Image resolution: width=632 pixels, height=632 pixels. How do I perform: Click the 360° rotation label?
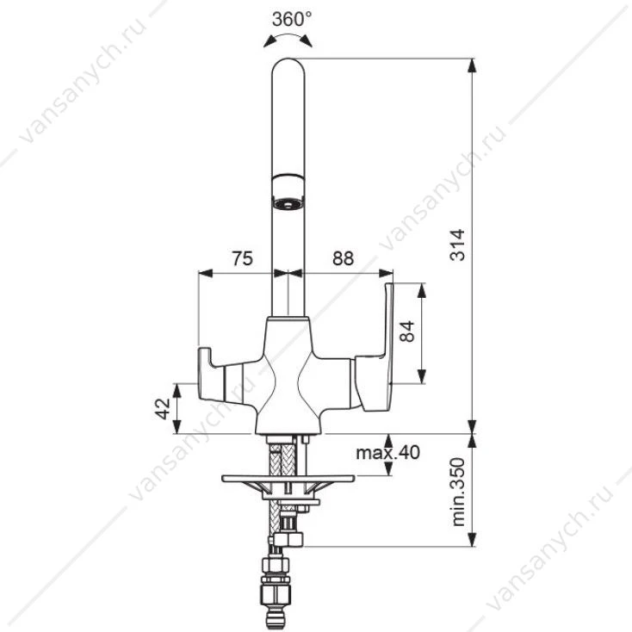click(x=291, y=19)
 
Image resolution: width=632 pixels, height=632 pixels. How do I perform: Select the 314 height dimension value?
click(x=457, y=245)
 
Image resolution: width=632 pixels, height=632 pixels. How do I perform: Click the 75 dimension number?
click(x=242, y=258)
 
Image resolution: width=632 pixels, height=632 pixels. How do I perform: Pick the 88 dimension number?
click(x=343, y=258)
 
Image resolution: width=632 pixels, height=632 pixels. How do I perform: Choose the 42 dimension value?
click(x=164, y=409)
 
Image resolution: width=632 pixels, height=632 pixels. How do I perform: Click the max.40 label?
click(x=387, y=452)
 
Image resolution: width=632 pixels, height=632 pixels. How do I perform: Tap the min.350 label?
click(x=458, y=492)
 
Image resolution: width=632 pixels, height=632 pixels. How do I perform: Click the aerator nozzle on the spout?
click(x=288, y=192)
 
